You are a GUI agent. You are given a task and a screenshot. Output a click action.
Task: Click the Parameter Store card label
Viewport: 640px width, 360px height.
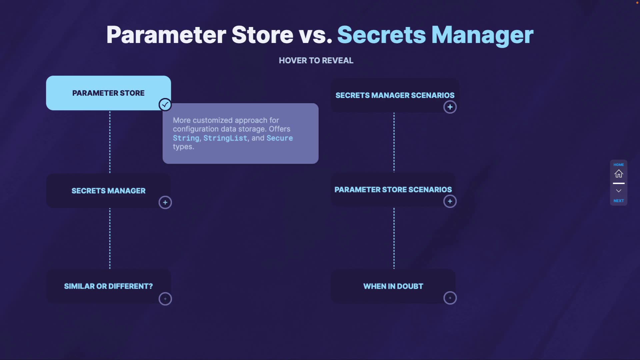pyautogui.click(x=108, y=93)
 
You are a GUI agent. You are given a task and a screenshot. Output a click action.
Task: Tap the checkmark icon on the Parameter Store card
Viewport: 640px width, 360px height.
pyautogui.click(x=165, y=105)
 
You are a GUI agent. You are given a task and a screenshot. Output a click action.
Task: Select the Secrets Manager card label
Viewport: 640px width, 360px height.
pyautogui.click(x=108, y=191)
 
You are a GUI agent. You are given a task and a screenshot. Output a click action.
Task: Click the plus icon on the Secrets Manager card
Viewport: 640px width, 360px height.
pyautogui.click(x=165, y=202)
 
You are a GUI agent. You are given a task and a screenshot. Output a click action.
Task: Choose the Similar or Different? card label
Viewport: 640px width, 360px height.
pyautogui.click(x=108, y=286)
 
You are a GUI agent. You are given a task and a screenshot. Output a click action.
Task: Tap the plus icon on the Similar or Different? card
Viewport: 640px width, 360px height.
pyautogui.click(x=165, y=299)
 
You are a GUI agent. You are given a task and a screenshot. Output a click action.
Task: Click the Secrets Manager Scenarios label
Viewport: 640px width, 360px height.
pyautogui.click(x=395, y=95)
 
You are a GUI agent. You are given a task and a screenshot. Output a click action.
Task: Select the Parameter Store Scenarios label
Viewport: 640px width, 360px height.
pyautogui.click(x=393, y=190)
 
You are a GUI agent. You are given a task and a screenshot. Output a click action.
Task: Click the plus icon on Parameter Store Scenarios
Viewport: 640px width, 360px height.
pyautogui.click(x=450, y=201)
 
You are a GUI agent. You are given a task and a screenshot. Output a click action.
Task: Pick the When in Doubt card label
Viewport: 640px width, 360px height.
pyautogui.click(x=393, y=286)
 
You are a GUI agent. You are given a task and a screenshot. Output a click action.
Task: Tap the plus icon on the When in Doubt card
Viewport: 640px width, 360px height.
pyautogui.click(x=450, y=298)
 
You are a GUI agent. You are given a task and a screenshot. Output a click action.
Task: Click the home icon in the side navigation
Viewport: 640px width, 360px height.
pyautogui.click(x=619, y=174)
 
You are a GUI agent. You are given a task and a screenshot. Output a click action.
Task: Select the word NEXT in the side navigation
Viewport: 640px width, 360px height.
pyautogui.click(x=619, y=201)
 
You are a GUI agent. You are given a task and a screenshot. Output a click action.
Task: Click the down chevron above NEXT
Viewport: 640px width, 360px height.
pyautogui.click(x=619, y=191)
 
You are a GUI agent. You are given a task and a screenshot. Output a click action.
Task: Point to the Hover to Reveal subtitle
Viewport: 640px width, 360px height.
pyautogui.click(x=316, y=60)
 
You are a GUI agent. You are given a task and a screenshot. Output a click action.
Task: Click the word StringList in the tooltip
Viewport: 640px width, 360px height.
pyautogui.click(x=225, y=138)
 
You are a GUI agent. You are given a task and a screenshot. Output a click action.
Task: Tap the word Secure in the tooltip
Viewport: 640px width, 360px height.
pyautogui.click(x=280, y=138)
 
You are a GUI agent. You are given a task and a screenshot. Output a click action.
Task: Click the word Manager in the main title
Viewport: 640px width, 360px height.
pyautogui.click(x=482, y=35)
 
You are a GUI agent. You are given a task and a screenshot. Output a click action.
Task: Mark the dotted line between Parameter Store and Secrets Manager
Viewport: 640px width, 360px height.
pyautogui.click(x=110, y=142)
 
